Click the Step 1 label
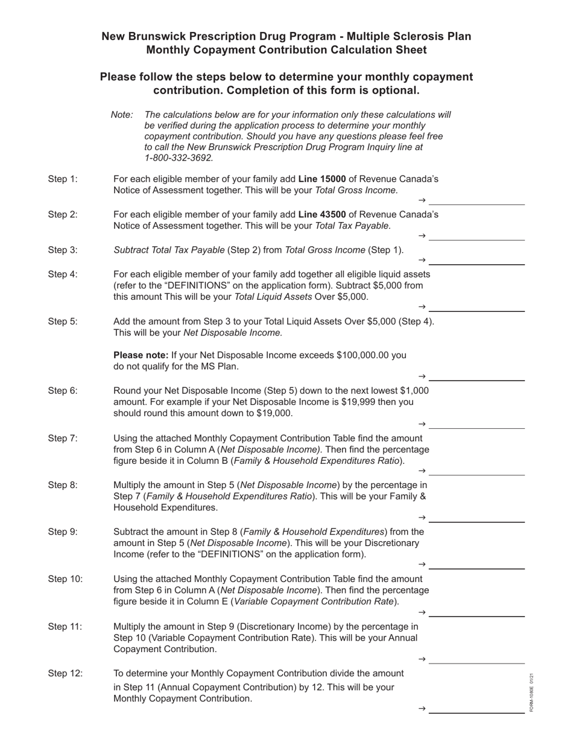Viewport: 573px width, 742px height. pos(63,179)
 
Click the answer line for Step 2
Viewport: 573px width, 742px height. pos(476,239)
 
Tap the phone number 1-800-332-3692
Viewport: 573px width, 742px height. pos(179,158)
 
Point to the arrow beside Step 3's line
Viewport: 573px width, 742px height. pos(422,260)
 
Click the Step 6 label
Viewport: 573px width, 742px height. pos(63,390)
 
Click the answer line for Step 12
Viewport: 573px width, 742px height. pos(476,712)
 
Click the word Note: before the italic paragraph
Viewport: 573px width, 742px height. pos(122,115)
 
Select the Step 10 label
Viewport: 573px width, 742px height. pos(65,579)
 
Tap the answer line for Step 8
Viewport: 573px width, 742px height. pos(476,521)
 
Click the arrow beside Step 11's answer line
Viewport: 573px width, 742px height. pos(422,659)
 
